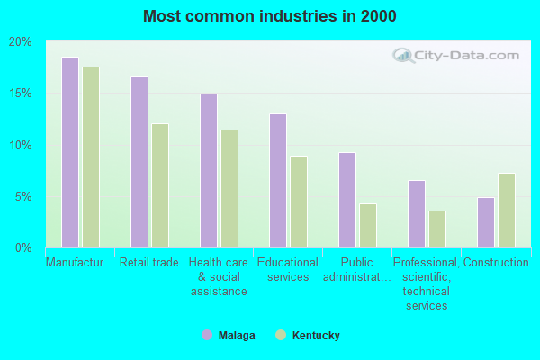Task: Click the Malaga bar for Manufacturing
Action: coord(70,152)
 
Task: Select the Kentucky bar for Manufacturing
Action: coord(91,157)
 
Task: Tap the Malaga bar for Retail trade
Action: coord(139,162)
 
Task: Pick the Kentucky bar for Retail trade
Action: coord(160,185)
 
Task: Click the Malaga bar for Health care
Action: coord(209,171)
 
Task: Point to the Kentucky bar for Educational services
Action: coord(299,202)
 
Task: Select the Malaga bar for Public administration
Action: coord(347,200)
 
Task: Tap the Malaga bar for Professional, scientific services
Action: coord(417,213)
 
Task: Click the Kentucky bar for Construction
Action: coord(507,211)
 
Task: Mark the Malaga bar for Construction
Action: coord(486,222)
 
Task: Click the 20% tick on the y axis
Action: coord(21,42)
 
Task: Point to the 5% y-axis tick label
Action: coord(22,196)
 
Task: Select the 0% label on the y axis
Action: coord(22,247)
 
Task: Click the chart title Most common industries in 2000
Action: coord(269,16)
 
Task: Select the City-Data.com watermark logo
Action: coord(459,56)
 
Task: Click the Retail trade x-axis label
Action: coord(149,263)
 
